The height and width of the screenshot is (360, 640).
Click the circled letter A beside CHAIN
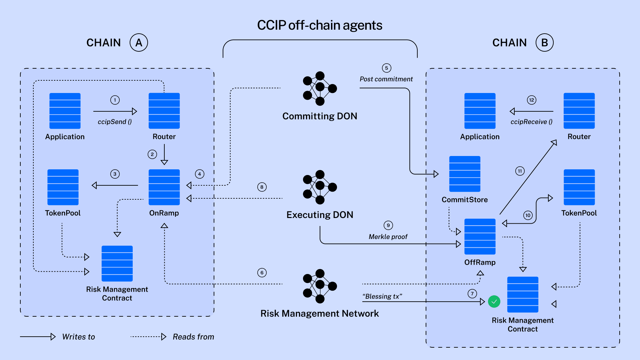pos(139,43)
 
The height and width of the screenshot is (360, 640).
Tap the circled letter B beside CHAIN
pos(544,43)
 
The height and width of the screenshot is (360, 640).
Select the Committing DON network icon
pos(319,88)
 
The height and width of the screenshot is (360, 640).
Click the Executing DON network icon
pos(319,187)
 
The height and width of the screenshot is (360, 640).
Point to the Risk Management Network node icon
pos(319,286)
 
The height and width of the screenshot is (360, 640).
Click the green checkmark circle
pos(494,302)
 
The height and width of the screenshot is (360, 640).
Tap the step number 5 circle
pos(386,68)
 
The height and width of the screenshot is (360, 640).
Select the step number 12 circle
pos(531,100)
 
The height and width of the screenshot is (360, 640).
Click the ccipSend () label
pos(115,122)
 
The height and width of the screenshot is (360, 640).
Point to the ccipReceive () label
pos(531,122)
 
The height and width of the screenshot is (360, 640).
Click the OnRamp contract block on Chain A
pos(164,187)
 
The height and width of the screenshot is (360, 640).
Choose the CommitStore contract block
pos(465,174)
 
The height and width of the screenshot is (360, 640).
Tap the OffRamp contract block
pos(480,236)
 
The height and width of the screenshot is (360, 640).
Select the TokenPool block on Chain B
pos(579,187)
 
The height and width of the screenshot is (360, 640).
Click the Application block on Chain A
pos(65,111)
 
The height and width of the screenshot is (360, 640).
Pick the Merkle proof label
pos(388,237)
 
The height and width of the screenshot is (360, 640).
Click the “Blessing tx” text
pos(382,296)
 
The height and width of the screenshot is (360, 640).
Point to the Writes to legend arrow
pos(38,337)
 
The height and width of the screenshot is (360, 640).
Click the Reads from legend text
pos(193,337)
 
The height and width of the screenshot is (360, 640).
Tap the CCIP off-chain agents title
pos(319,25)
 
